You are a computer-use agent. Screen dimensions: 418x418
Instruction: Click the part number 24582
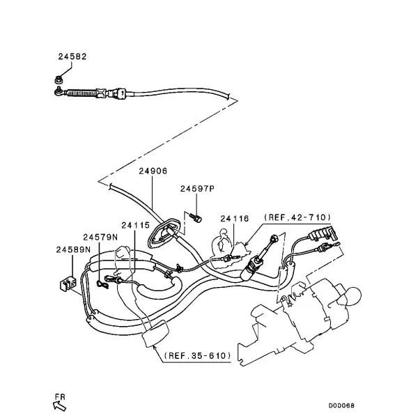(x=72, y=56)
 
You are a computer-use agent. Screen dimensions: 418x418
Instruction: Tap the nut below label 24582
(x=59, y=79)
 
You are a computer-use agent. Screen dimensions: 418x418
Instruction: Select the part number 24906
(x=153, y=171)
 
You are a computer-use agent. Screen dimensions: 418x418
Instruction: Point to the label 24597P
(x=197, y=189)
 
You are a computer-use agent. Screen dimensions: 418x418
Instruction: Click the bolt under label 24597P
(x=196, y=217)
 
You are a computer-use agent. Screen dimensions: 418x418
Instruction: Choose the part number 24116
(x=235, y=219)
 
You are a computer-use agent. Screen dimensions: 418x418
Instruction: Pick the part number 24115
(x=136, y=226)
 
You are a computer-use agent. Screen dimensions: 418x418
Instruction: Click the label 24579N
(x=100, y=237)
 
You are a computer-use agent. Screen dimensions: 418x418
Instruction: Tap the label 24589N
(x=73, y=249)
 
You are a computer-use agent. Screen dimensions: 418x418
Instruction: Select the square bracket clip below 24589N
(x=68, y=284)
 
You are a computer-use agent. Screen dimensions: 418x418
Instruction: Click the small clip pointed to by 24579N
(x=102, y=285)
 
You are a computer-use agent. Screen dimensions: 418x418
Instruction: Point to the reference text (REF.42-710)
(x=297, y=217)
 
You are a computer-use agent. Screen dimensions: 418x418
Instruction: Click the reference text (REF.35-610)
(x=198, y=355)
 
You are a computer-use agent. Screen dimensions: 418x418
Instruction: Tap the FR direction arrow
(x=60, y=406)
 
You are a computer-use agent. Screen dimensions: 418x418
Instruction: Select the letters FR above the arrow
(x=60, y=396)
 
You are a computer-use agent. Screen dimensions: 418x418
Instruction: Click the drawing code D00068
(x=341, y=405)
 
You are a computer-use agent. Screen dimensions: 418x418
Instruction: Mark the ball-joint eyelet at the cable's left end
(x=59, y=91)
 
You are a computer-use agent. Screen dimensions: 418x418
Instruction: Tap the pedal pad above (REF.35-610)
(x=155, y=334)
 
